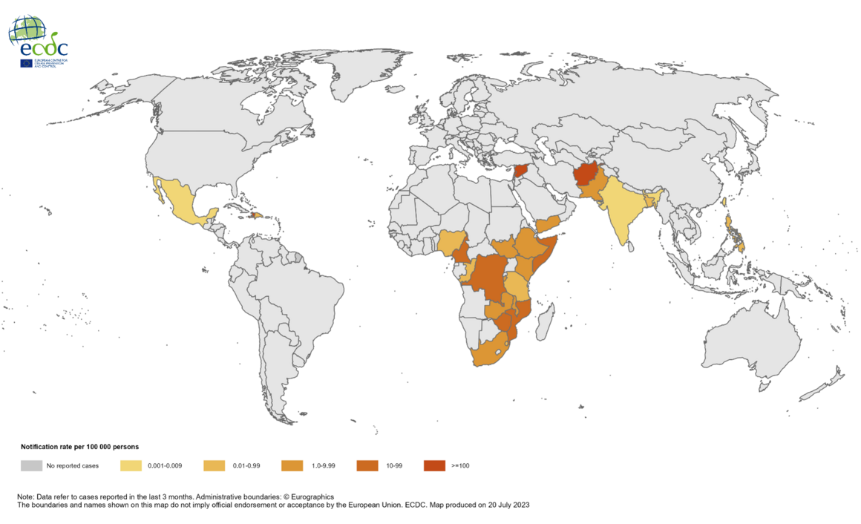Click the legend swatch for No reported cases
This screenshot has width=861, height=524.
pos(31,465)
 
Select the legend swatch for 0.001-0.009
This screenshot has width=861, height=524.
pos(131,465)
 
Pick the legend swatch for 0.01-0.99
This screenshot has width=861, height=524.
pos(215,465)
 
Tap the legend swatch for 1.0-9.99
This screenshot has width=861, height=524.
pos(292,465)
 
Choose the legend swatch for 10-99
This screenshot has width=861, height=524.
pos(367,465)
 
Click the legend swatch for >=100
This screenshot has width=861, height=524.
pos(434,465)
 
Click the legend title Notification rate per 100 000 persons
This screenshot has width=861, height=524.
pos(80,447)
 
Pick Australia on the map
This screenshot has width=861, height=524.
pos(750,342)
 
